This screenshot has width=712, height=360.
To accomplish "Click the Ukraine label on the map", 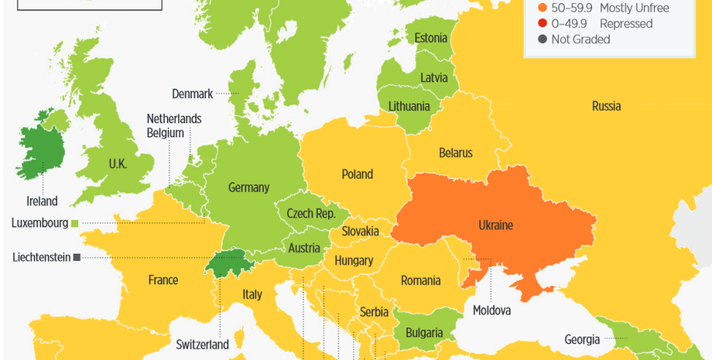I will click(x=496, y=225).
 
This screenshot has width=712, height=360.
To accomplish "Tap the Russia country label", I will click(x=606, y=106).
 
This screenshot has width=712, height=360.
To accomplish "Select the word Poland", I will click(x=358, y=174).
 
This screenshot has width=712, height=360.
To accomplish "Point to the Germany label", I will click(x=248, y=187).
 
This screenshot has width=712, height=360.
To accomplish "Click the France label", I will click(x=163, y=280).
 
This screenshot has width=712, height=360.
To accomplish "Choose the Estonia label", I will click(x=431, y=38).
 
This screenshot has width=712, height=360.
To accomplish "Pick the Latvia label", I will click(x=433, y=77).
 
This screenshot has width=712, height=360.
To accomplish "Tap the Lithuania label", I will click(x=409, y=106).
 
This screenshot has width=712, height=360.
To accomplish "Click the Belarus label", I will click(x=455, y=153).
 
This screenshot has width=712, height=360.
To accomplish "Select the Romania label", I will click(x=421, y=280).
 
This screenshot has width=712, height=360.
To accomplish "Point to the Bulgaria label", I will click(x=424, y=333).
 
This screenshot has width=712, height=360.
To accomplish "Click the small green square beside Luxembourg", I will click(x=75, y=224).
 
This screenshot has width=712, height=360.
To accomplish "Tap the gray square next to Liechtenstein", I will click(x=77, y=257).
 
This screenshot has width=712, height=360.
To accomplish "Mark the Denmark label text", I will click(x=192, y=94).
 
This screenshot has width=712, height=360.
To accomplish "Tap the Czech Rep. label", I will click(x=310, y=214).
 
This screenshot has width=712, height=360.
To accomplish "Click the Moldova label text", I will click(x=491, y=310).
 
